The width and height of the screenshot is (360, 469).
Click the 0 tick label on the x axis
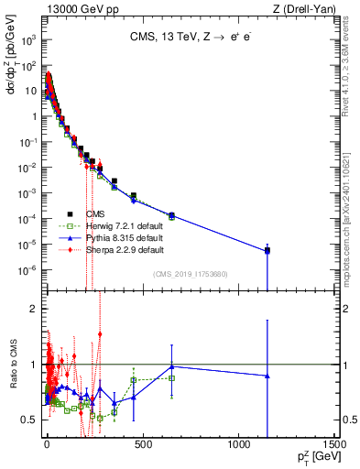click(45, 446)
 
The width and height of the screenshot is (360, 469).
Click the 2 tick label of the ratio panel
click(35, 309)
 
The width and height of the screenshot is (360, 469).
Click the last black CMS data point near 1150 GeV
click(267, 250)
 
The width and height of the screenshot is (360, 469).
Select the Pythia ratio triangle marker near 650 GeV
click(171, 366)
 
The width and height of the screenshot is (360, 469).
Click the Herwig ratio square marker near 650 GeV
click(171, 377)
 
